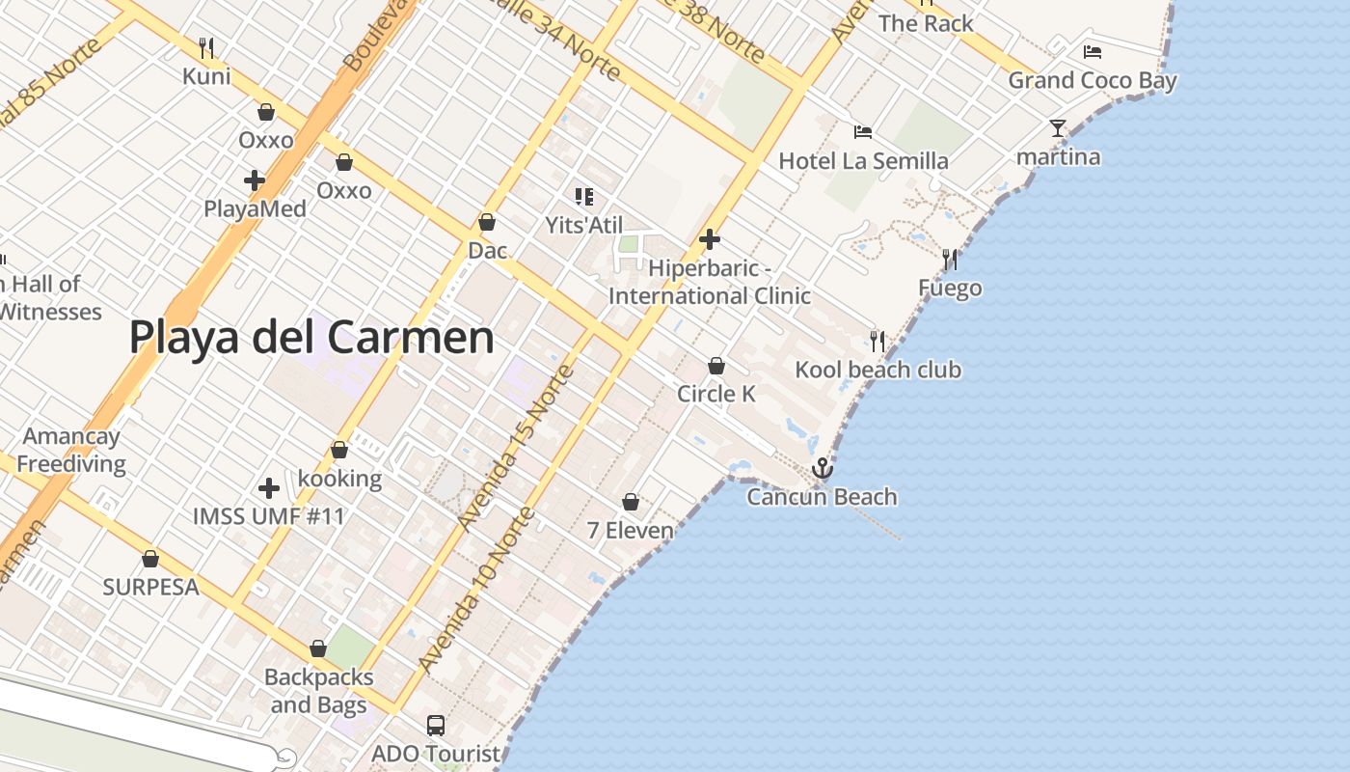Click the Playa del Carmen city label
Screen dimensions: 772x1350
pos(311,338)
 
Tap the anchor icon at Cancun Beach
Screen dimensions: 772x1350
pos(823,469)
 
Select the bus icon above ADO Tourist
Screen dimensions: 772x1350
pos(436,725)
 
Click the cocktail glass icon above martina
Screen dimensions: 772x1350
pos(1058,128)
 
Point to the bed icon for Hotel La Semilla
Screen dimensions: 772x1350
pos(863,132)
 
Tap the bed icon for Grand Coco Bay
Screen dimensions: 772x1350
pos(1092,52)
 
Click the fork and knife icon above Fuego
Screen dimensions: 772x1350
pos(950,260)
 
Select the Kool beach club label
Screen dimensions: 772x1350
pos(877,370)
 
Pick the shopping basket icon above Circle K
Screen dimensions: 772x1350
pos(715,366)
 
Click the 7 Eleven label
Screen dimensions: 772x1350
pos(630,530)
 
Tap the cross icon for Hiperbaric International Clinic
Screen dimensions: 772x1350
pos(710,239)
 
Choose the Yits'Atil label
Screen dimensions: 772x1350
pos(583,225)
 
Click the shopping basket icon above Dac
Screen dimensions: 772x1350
pos(487,222)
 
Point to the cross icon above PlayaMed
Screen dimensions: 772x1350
pos(255,180)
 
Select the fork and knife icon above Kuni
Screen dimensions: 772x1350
pos(205,47)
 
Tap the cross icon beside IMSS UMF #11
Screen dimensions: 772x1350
pos(269,488)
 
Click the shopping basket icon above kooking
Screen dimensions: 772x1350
pos(339,450)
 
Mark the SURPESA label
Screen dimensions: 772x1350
pos(150,587)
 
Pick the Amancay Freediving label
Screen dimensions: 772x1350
pos(71,450)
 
